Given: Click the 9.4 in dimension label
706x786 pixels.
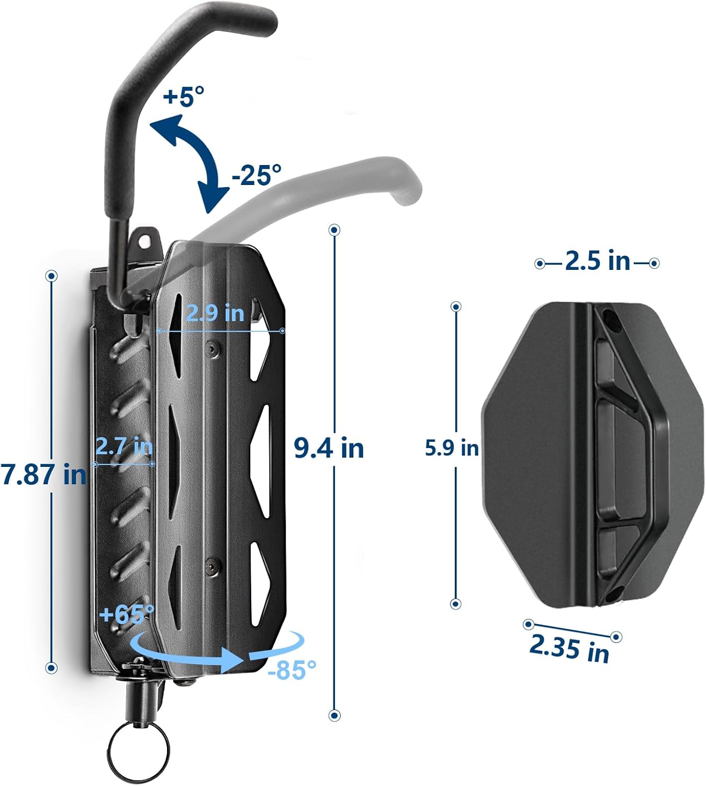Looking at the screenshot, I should [329, 448].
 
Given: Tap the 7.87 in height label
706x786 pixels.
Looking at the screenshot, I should [44, 474].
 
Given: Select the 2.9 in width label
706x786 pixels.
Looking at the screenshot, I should [215, 313].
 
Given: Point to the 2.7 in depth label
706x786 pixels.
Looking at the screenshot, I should [124, 446].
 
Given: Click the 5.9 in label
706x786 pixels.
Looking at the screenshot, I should [451, 448].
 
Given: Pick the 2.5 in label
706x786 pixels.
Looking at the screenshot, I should [598, 261].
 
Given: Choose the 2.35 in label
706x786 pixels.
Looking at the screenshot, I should [570, 648].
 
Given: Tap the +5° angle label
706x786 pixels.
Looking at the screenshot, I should [183, 96].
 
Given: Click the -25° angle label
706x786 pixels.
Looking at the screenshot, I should [256, 174].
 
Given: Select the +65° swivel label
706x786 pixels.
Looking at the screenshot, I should [127, 614].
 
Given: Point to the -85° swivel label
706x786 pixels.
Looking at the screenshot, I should [292, 669].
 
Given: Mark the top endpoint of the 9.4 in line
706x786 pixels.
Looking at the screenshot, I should [334, 230].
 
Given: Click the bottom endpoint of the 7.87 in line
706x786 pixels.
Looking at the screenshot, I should [51, 668].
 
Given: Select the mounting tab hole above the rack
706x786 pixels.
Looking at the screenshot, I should [144, 239].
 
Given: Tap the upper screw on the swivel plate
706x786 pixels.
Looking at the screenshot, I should [211, 349].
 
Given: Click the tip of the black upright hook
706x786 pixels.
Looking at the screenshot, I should [264, 21].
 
